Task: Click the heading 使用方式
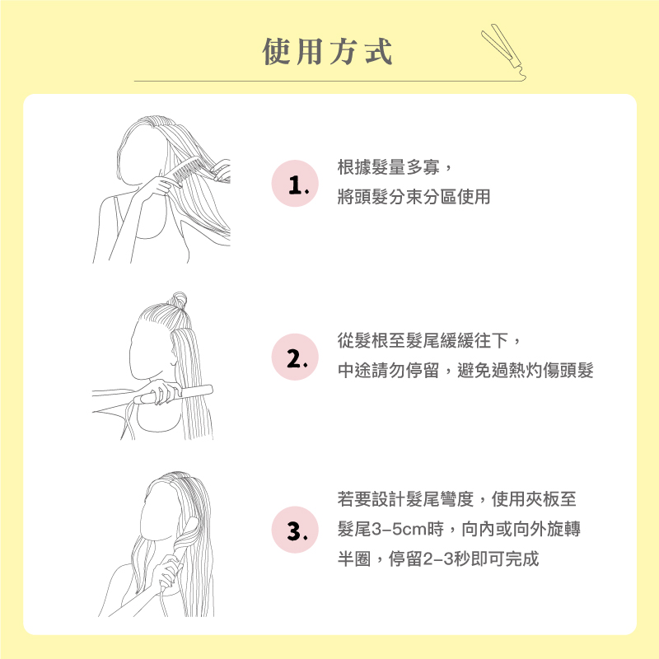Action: point(327,51)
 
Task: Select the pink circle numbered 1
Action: point(295,184)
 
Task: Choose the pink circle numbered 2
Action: point(295,358)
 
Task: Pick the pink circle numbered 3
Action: point(295,530)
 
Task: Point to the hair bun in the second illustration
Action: point(179,300)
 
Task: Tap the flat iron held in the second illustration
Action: point(173,394)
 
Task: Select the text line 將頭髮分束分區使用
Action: point(414,197)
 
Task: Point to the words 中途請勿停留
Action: point(388,370)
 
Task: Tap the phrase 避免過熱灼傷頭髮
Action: point(526,370)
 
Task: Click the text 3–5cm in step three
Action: point(400,529)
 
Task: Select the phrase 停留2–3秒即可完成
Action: point(464,559)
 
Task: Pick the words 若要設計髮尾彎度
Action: point(405,499)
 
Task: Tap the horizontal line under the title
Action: point(328,81)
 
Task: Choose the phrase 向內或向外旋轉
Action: point(521,529)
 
